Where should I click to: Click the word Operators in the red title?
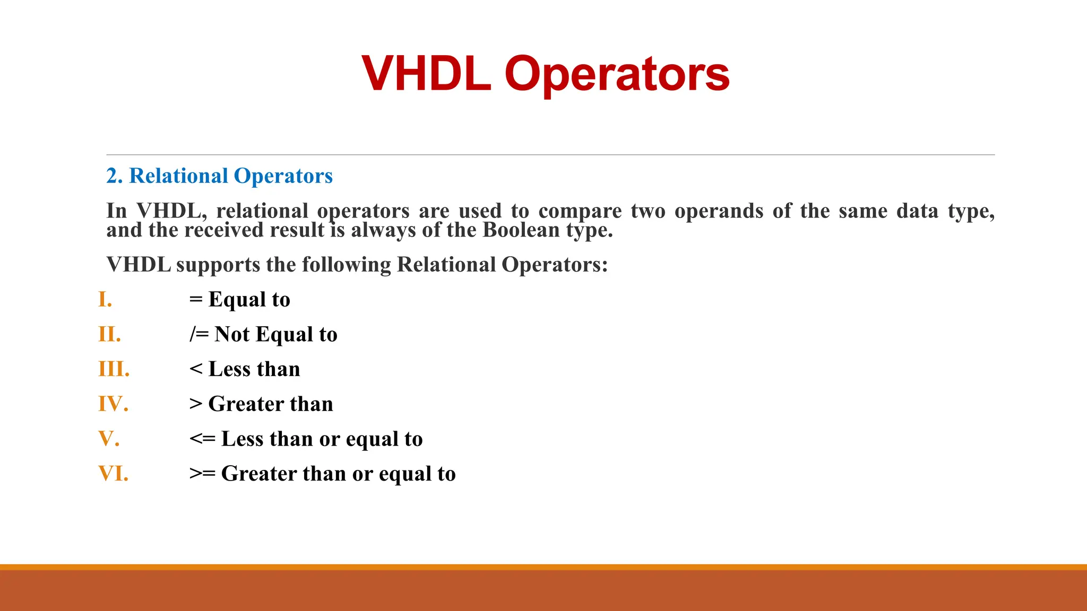617,74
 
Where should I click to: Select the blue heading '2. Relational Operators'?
219,176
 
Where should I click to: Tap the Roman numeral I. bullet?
105,300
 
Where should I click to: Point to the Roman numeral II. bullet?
109,335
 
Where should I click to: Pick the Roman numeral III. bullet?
114,369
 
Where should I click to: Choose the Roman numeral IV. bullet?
113,404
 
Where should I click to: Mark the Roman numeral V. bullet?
109,439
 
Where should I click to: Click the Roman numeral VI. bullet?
113,474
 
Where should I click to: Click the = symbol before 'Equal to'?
196,300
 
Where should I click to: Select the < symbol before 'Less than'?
196,369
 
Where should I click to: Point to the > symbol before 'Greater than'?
196,404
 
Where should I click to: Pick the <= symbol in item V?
202,439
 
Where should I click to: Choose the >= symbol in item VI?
202,474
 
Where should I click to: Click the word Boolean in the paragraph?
521,230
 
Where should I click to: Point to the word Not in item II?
232,335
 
